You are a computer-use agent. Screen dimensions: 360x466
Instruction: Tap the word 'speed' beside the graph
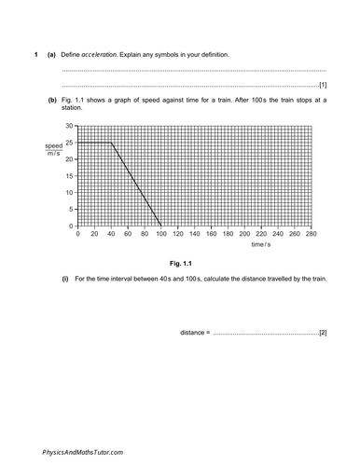click(53, 146)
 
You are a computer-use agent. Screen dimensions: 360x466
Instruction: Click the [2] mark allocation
click(322, 333)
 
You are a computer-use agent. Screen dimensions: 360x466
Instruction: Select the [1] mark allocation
click(322, 86)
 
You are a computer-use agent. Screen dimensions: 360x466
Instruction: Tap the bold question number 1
click(35, 55)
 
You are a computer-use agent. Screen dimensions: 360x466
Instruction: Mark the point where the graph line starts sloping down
click(111, 142)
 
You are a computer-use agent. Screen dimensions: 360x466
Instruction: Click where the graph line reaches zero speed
click(160, 226)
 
